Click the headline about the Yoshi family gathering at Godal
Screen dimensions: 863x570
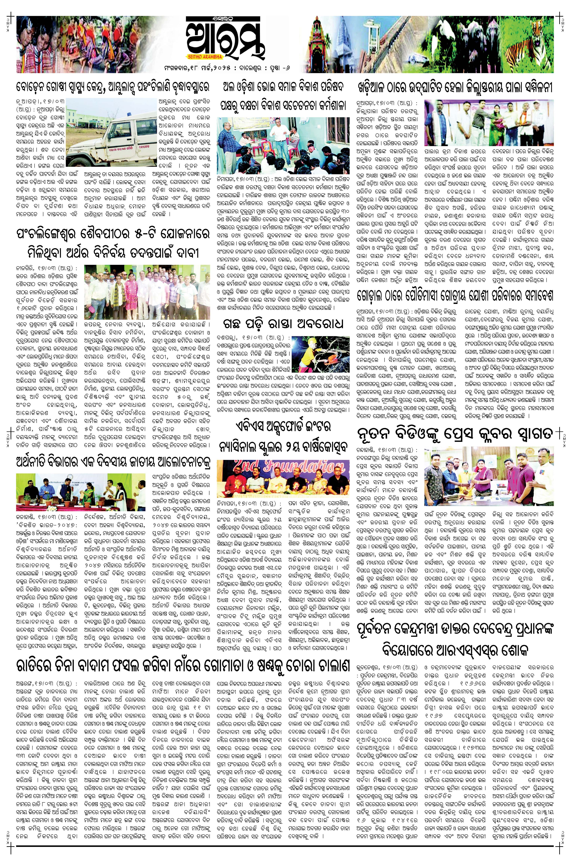(x=454, y=295)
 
